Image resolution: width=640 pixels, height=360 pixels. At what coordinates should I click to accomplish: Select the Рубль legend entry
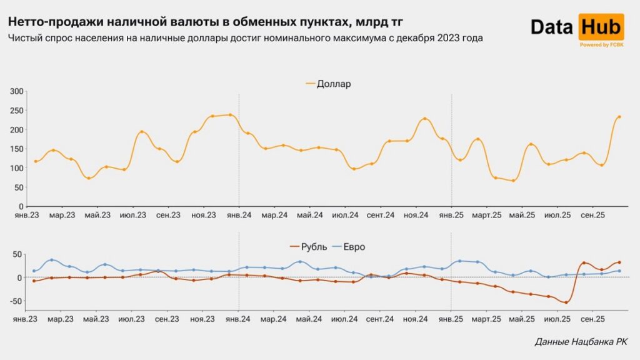click(313, 247)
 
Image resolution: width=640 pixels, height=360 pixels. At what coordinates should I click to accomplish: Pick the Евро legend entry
click(353, 247)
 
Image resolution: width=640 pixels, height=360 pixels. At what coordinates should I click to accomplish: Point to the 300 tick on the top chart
click(17, 91)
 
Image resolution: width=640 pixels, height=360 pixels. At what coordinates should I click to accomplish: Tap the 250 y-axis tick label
click(17, 111)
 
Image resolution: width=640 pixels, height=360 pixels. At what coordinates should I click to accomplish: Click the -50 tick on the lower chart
click(16, 301)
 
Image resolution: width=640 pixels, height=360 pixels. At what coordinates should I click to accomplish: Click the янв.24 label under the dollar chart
click(238, 215)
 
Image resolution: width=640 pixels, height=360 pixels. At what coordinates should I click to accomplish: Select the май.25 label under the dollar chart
click(522, 215)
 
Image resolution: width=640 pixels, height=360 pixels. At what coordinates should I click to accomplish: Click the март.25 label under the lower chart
click(486, 319)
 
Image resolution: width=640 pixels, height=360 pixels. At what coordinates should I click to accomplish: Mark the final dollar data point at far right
click(619, 117)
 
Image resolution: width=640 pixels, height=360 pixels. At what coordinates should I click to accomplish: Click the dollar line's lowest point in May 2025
click(513, 181)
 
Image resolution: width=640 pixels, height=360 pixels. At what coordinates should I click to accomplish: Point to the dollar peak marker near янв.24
click(230, 115)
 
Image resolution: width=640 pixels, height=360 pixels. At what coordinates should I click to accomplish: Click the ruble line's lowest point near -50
click(566, 302)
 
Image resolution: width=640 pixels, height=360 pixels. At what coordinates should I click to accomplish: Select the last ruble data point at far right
click(619, 262)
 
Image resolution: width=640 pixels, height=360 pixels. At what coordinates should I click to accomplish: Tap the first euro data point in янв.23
click(34, 271)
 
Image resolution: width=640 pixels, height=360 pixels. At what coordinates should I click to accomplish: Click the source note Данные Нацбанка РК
click(581, 342)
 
